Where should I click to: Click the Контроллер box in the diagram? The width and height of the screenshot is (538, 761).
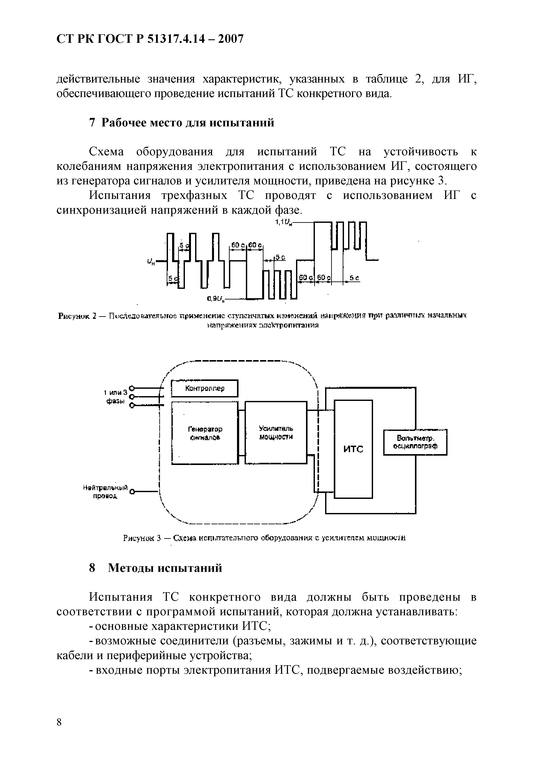click(x=204, y=388)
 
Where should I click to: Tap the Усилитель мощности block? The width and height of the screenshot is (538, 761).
click(x=276, y=433)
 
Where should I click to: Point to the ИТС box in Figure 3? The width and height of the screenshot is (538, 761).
click(x=353, y=449)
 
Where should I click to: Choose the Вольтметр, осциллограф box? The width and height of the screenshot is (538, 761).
click(x=415, y=442)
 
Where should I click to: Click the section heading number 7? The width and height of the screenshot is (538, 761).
click(x=92, y=123)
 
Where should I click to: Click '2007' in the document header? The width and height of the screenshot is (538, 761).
click(x=227, y=39)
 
